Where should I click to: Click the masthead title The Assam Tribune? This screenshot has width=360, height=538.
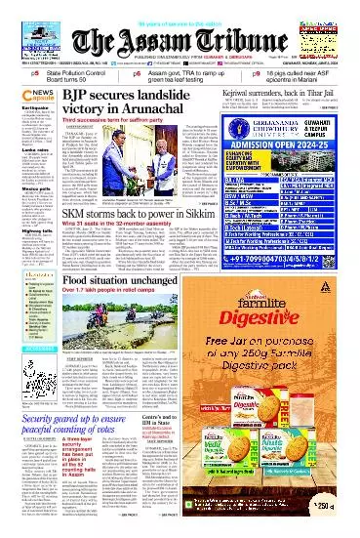pyautogui.click(x=180, y=41)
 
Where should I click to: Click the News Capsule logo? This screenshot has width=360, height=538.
pyautogui.click(x=20, y=101)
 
